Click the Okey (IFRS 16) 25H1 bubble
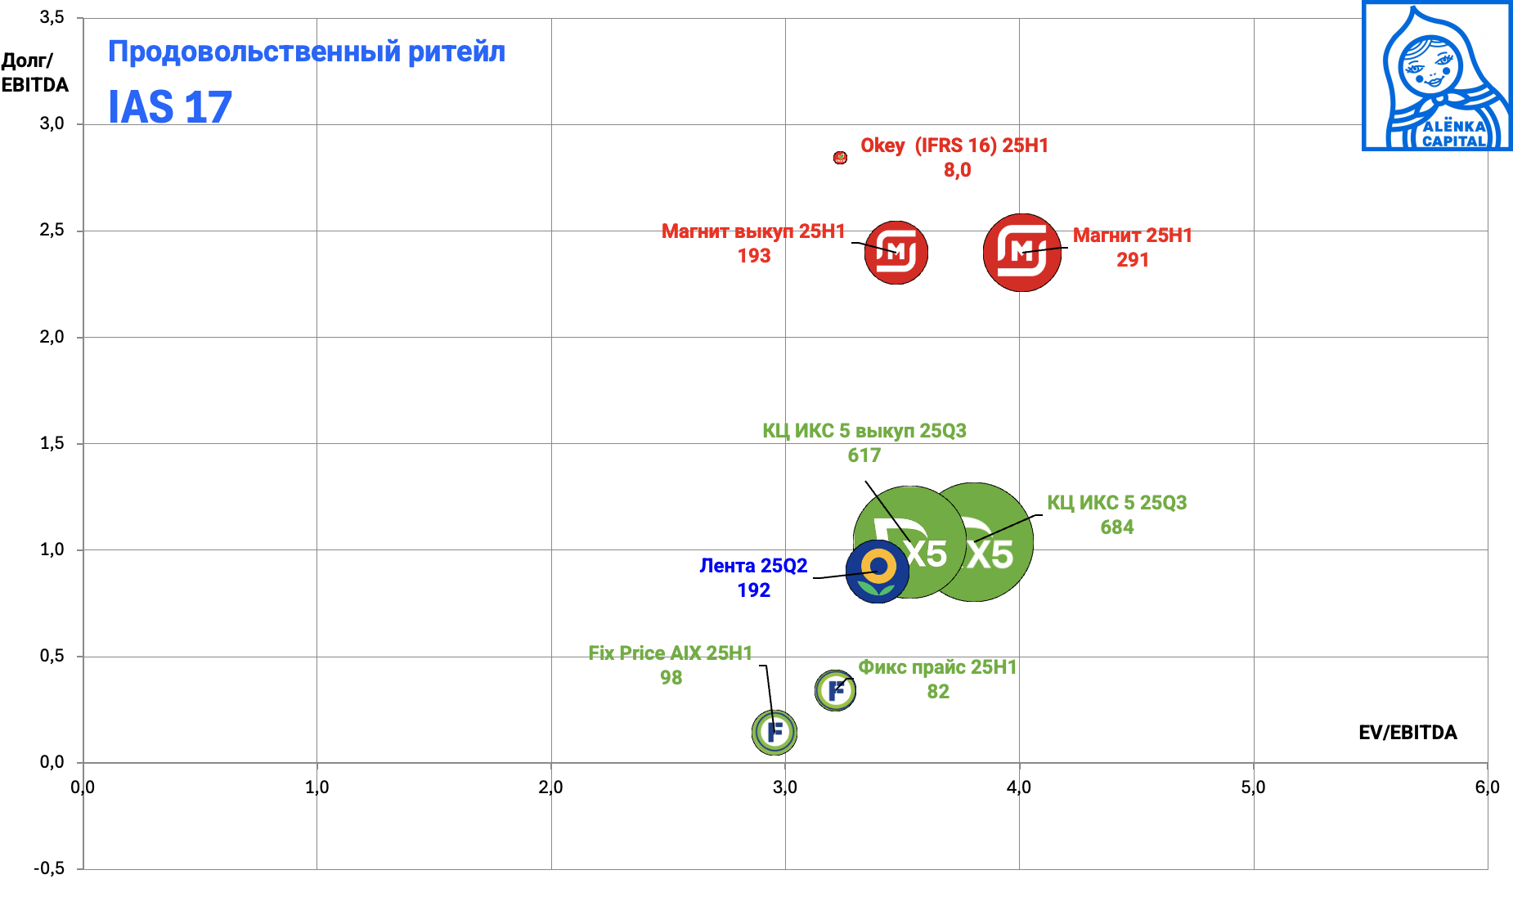[840, 157]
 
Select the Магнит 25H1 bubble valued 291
[1022, 253]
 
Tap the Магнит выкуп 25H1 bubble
[896, 253]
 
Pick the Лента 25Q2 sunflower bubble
[878, 572]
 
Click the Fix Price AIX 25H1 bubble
[774, 732]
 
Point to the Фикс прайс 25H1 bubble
[835, 690]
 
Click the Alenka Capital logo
[1436, 76]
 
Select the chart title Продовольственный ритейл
[307, 52]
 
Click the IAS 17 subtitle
[170, 107]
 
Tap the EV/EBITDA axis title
[1407, 733]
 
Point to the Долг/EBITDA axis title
[34, 73]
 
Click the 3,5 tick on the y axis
[52, 18]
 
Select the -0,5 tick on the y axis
[49, 868]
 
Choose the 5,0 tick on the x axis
[1253, 787]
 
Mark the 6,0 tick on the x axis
[1487, 787]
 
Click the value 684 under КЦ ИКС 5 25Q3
[1116, 527]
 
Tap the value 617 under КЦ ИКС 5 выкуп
[864, 455]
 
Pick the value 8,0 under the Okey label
[957, 170]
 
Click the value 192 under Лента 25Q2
[753, 590]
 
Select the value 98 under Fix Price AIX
[671, 678]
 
